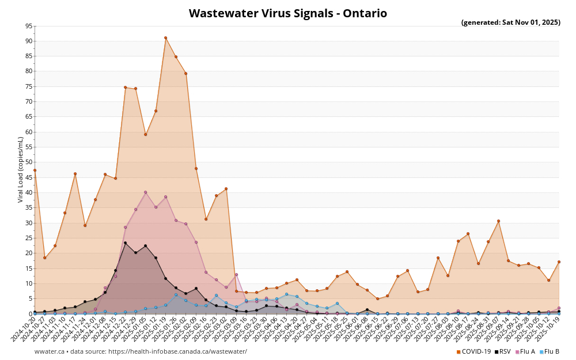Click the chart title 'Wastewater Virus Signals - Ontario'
pos(287,13)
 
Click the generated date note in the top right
pos(510,22)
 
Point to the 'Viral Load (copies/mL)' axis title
pos(21,169)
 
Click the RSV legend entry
pos(502,351)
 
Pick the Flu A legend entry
pos(526,351)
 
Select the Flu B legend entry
pos(550,351)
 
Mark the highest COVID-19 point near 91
pos(165,38)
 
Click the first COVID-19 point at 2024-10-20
pos(35,170)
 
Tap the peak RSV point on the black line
pos(125,243)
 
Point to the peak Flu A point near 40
pos(145,192)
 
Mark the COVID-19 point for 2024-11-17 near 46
pos(75,174)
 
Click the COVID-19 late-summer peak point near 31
pos(498,221)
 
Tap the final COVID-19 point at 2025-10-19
pos(559,262)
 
